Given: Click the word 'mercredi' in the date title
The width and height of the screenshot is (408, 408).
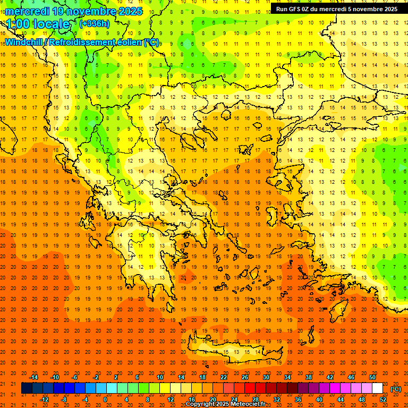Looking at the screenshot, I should [27, 11].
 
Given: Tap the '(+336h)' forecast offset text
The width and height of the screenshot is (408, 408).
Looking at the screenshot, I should [95, 23].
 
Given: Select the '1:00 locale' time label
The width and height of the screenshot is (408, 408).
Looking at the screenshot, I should [38, 24].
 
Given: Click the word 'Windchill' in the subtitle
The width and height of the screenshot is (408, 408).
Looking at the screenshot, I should [24, 42].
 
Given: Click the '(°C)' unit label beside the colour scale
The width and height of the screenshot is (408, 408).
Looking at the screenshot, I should [396, 389].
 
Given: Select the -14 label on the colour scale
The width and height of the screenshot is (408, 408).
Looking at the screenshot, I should [33, 377].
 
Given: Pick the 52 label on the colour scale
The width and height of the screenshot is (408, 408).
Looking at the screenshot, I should [384, 399].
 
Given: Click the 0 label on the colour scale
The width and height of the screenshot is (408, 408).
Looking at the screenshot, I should [105, 399].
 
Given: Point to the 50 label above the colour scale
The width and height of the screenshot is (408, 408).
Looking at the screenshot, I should [372, 377].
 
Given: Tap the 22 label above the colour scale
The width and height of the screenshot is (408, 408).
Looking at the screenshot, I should [224, 377].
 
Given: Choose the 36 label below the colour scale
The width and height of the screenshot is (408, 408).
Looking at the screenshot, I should [298, 399].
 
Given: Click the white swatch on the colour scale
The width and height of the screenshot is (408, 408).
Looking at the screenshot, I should [377, 388].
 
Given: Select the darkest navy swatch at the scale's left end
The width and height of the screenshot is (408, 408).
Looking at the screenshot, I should [27, 388].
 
